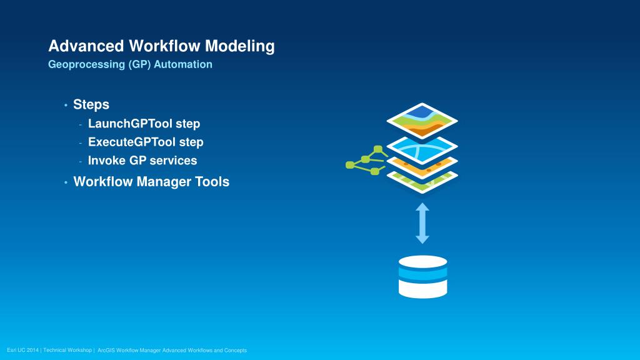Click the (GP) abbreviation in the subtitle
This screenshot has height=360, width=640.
(x=141, y=64)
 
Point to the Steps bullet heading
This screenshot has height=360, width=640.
(x=91, y=104)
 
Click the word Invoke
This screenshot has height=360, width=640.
(x=106, y=161)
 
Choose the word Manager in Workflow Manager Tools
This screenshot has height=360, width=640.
(x=164, y=182)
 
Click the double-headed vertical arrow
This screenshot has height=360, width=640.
(x=422, y=223)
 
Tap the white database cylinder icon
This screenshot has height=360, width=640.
(x=422, y=276)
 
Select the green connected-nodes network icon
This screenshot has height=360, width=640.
(x=366, y=160)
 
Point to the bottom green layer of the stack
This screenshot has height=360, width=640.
(x=422, y=183)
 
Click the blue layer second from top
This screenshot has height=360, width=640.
(x=422, y=148)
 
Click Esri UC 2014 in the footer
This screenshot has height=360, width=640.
(x=22, y=351)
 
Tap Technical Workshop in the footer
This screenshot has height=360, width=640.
(x=69, y=351)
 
